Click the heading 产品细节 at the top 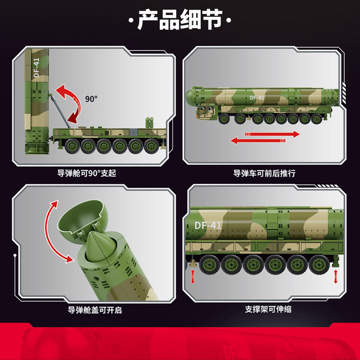point(180,21)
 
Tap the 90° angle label point(92,98)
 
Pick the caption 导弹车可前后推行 point(264,173)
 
